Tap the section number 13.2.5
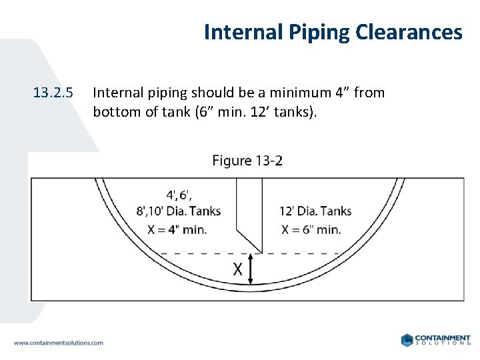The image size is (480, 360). [x=53, y=93]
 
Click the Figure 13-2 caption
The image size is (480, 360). [x=247, y=161]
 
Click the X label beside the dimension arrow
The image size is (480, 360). [x=237, y=269]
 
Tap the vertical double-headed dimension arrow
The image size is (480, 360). [x=251, y=269]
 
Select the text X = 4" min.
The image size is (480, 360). [x=178, y=229]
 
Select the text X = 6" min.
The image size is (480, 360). [x=311, y=229]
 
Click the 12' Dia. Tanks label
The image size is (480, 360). [x=315, y=212]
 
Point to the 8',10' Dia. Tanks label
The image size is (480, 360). [x=179, y=212]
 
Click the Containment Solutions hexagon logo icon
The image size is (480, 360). [x=407, y=340]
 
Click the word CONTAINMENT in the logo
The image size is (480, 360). [x=443, y=338]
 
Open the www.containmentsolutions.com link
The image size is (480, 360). [x=59, y=343]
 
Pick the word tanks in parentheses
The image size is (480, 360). [x=298, y=111]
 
